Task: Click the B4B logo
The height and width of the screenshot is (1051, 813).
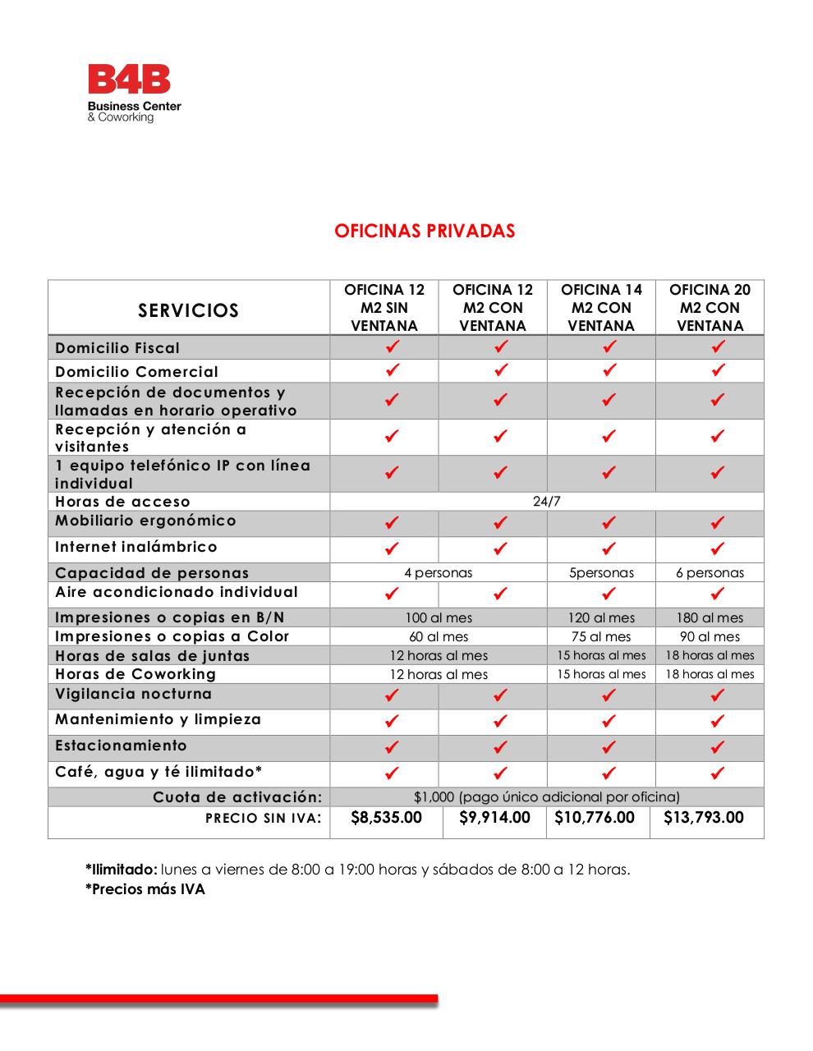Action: tap(134, 93)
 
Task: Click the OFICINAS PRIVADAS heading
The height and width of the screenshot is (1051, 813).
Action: tap(425, 231)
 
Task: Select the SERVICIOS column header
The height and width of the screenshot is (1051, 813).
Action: tap(189, 310)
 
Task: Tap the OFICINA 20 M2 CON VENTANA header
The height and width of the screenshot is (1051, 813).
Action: tap(710, 308)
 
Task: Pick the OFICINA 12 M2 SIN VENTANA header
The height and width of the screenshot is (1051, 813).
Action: tap(384, 308)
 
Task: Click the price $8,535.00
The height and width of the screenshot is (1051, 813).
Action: tap(386, 818)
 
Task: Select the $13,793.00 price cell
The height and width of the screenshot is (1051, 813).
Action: tap(704, 818)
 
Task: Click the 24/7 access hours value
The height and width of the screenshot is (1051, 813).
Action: tap(547, 502)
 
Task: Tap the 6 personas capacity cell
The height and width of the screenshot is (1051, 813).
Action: tap(710, 573)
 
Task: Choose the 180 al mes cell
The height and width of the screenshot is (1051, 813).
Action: tap(710, 618)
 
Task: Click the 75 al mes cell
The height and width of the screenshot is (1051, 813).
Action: tap(601, 637)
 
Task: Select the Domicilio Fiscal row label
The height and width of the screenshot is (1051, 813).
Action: tap(117, 348)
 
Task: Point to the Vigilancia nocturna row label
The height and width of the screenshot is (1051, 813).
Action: tap(133, 695)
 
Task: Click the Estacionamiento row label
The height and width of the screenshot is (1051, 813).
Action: tap(121, 746)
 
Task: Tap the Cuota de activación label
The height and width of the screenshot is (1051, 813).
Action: tap(237, 797)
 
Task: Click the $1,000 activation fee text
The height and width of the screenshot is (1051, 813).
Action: tap(547, 797)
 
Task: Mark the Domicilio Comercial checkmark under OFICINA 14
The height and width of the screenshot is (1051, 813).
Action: tap(609, 371)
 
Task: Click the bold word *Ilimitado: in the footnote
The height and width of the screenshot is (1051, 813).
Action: tap(121, 870)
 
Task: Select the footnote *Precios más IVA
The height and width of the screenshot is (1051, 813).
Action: tap(145, 890)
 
